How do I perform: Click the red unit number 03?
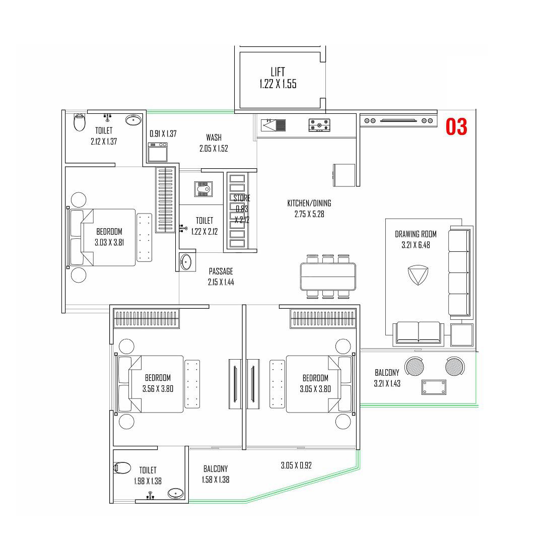point(456,126)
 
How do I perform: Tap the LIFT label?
point(278,72)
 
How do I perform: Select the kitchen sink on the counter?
point(273,124)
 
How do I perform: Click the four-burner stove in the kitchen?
point(318,124)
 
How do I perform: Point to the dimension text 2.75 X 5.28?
point(309,214)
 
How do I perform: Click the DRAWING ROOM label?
point(416,234)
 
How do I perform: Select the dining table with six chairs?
point(328,277)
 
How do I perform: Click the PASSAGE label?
point(221,271)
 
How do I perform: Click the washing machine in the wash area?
point(157,152)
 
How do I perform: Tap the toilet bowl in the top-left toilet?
point(80,122)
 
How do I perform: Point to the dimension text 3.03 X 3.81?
point(109,242)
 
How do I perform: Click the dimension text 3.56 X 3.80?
point(158,388)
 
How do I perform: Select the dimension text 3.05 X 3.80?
point(315,388)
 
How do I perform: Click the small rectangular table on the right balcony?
point(434,387)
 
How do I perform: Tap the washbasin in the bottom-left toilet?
point(175,493)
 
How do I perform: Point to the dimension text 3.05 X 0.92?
point(296,465)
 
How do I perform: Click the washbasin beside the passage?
point(186,262)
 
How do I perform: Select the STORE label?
point(242,198)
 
